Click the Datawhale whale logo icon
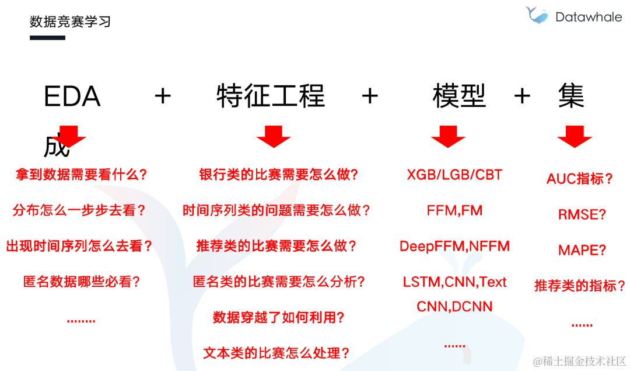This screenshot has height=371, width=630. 537,16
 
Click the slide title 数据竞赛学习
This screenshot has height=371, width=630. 70,22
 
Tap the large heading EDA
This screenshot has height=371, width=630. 72,97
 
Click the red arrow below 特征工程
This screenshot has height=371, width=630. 273,136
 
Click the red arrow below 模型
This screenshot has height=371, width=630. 448,136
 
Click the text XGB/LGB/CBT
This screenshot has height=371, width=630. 454,175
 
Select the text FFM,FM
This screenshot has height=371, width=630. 454,210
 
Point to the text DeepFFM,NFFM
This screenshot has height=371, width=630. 454,246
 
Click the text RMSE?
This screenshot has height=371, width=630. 582,214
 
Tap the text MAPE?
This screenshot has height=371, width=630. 582,250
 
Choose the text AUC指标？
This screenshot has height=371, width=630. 580,179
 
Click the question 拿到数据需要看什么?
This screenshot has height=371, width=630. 80,175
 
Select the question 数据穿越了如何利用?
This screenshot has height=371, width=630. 278,318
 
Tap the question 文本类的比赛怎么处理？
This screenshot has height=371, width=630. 276,353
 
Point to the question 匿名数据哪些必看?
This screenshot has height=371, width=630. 82,282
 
